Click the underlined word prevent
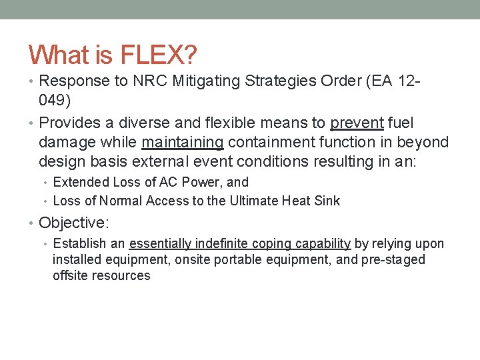(x=357, y=123)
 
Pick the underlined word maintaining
(x=182, y=142)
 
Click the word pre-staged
(x=393, y=259)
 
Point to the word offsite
(x=71, y=275)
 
